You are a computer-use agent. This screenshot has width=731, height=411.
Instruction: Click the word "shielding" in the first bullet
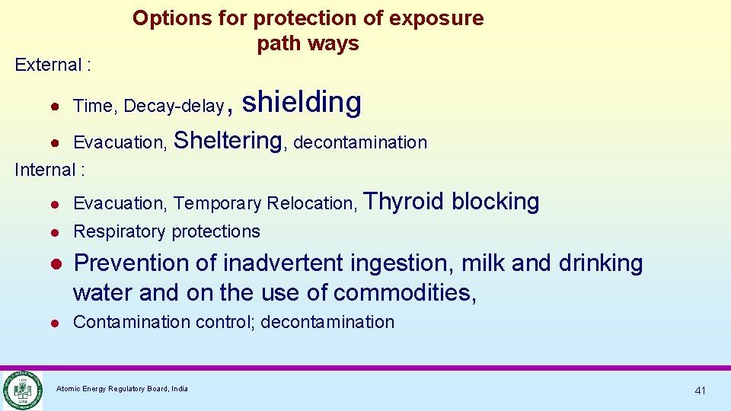(302, 102)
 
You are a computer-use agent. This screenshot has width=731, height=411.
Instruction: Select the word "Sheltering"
(228, 141)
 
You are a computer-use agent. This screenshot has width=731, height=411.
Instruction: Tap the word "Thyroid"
(404, 202)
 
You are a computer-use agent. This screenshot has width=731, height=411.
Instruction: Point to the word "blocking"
(495, 202)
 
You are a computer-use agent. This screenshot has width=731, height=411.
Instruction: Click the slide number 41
(700, 390)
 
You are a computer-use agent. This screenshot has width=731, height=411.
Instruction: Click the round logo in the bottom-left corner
(21, 390)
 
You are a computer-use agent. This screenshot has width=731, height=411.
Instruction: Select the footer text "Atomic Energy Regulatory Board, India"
(122, 389)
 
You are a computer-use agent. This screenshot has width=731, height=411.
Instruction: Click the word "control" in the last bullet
(225, 322)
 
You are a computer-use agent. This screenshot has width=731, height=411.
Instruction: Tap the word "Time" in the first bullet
(92, 106)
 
